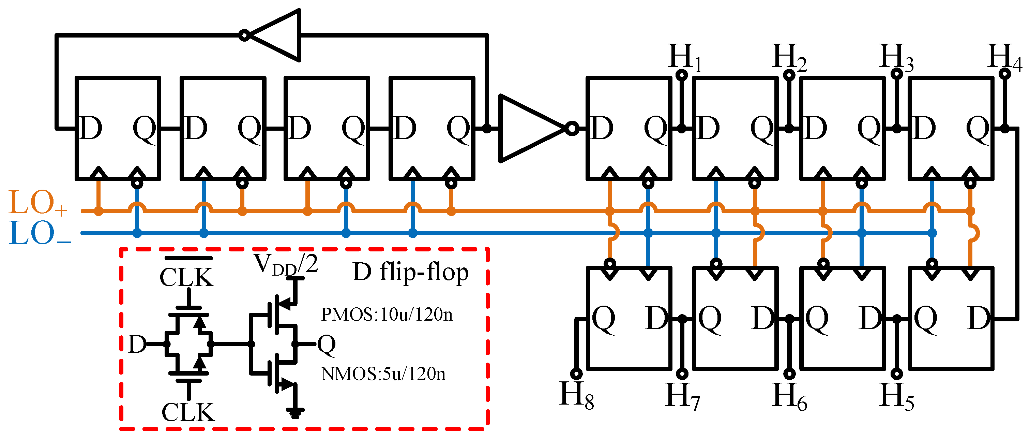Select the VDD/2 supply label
pyautogui.click(x=286, y=264)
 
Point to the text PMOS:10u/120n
pyautogui.click(x=387, y=315)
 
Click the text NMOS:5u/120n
pyautogui.click(x=383, y=374)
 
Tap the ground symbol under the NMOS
pyautogui.click(x=295, y=412)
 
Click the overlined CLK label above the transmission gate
pyautogui.click(x=187, y=276)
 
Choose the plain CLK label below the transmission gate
pyautogui.click(x=188, y=412)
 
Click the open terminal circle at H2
pyautogui.click(x=789, y=75)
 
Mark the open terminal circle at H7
pyautogui.click(x=682, y=374)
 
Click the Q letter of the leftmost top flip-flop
pyautogui.click(x=144, y=129)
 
